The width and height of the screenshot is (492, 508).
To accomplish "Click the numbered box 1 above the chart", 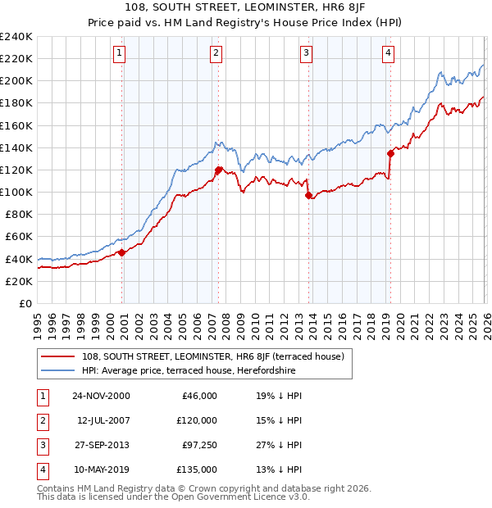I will tap(119, 54).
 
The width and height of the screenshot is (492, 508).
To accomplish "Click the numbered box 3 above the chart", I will tap(306, 54).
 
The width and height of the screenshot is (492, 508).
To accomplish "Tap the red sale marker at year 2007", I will tap(219, 170).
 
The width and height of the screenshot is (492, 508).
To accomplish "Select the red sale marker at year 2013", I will tap(308, 196).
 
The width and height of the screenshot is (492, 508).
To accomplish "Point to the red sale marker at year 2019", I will tap(390, 153).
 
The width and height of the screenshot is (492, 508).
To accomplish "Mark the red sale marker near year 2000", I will tap(122, 252).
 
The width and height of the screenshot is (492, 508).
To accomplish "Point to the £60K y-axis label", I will tap(19, 237).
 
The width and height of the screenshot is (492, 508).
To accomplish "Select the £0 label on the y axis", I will tap(25, 303).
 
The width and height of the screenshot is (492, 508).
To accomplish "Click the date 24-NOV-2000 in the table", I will tap(101, 396).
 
